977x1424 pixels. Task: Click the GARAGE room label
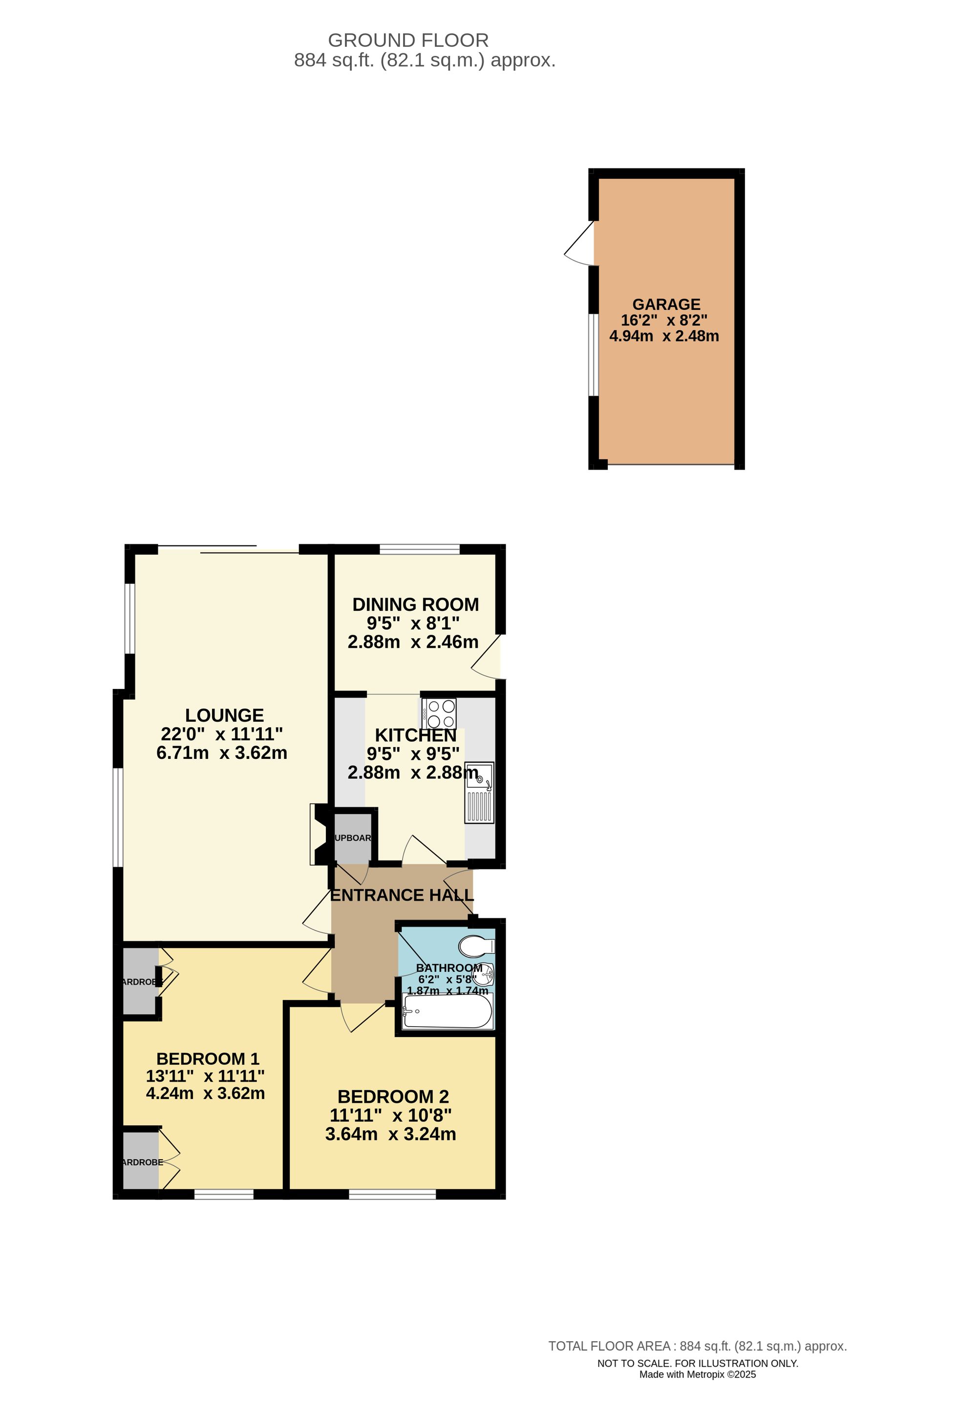666,304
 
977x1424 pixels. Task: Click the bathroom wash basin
486,973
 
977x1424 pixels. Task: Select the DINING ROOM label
415,605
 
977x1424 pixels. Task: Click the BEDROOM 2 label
393,1097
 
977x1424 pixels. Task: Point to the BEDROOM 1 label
208,1059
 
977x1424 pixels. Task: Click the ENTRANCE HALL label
402,895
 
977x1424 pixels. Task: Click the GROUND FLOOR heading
408,41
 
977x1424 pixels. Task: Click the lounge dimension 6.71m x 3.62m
222,753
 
